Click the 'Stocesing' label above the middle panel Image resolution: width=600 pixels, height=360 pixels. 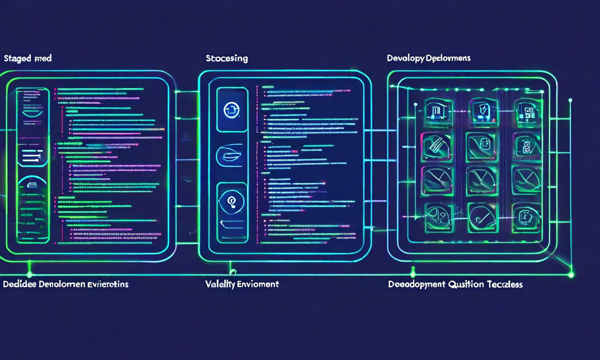point(226,59)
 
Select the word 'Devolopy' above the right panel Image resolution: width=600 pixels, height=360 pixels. point(406,58)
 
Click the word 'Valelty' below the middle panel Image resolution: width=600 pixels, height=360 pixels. point(220,284)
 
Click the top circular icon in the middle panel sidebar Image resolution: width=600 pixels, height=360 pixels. point(232,109)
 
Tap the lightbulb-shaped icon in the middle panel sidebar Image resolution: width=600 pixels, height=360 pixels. point(232,202)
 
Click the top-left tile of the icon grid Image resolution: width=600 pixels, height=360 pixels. point(437,112)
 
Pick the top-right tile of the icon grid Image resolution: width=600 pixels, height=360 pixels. point(527,112)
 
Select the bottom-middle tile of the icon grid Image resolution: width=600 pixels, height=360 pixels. point(482,217)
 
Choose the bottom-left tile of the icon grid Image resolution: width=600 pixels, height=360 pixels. point(437,217)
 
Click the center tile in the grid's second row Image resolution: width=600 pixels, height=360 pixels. point(482,146)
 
